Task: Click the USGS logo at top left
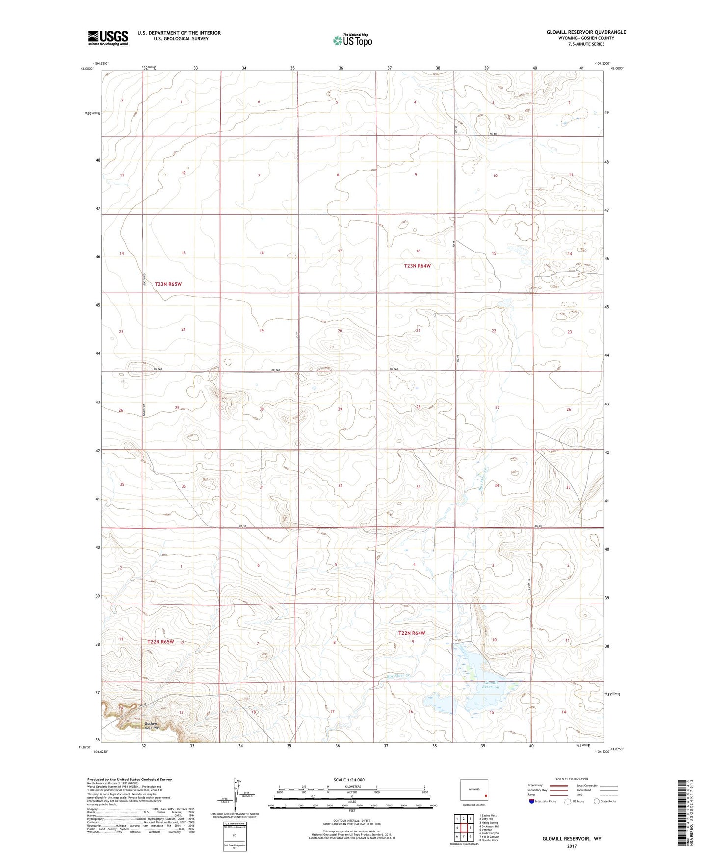[107, 38]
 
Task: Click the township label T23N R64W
[417, 266]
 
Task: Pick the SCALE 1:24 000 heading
[349, 780]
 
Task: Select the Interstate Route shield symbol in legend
[533, 801]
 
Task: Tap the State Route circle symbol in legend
[596, 801]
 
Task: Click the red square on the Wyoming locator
[486, 796]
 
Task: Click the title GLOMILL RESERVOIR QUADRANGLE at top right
[586, 32]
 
